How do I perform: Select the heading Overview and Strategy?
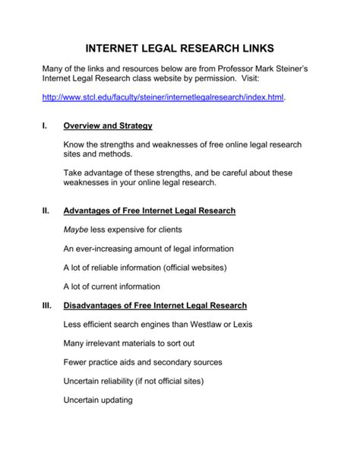point(109,126)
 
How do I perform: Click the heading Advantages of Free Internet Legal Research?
point(150,210)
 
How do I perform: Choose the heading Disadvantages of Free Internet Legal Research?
point(156,306)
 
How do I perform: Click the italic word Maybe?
point(80,229)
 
